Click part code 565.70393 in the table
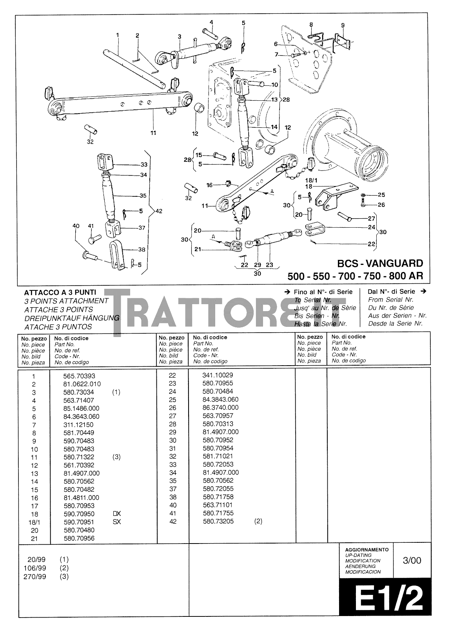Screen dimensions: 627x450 click(x=79, y=376)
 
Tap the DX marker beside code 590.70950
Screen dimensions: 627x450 click(x=116, y=514)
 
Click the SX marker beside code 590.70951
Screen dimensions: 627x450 click(x=116, y=522)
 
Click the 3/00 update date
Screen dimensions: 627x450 click(x=412, y=560)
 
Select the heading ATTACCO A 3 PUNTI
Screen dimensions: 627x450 click(x=60, y=292)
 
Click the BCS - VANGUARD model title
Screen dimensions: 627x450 click(x=380, y=263)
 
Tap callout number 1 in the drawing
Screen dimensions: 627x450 click(x=117, y=35)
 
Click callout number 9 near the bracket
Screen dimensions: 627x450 click(x=343, y=25)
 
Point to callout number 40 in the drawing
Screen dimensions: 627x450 click(x=76, y=226)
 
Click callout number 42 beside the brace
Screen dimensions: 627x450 click(x=158, y=211)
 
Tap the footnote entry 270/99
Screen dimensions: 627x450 click(x=36, y=576)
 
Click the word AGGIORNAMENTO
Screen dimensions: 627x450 click(x=367, y=550)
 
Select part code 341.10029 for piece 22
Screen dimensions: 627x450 click(x=218, y=375)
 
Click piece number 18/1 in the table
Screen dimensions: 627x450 click(x=34, y=522)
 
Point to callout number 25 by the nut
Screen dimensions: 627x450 click(x=381, y=195)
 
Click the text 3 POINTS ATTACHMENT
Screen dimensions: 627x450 click(x=66, y=301)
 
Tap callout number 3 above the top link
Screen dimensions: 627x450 click(x=180, y=37)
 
